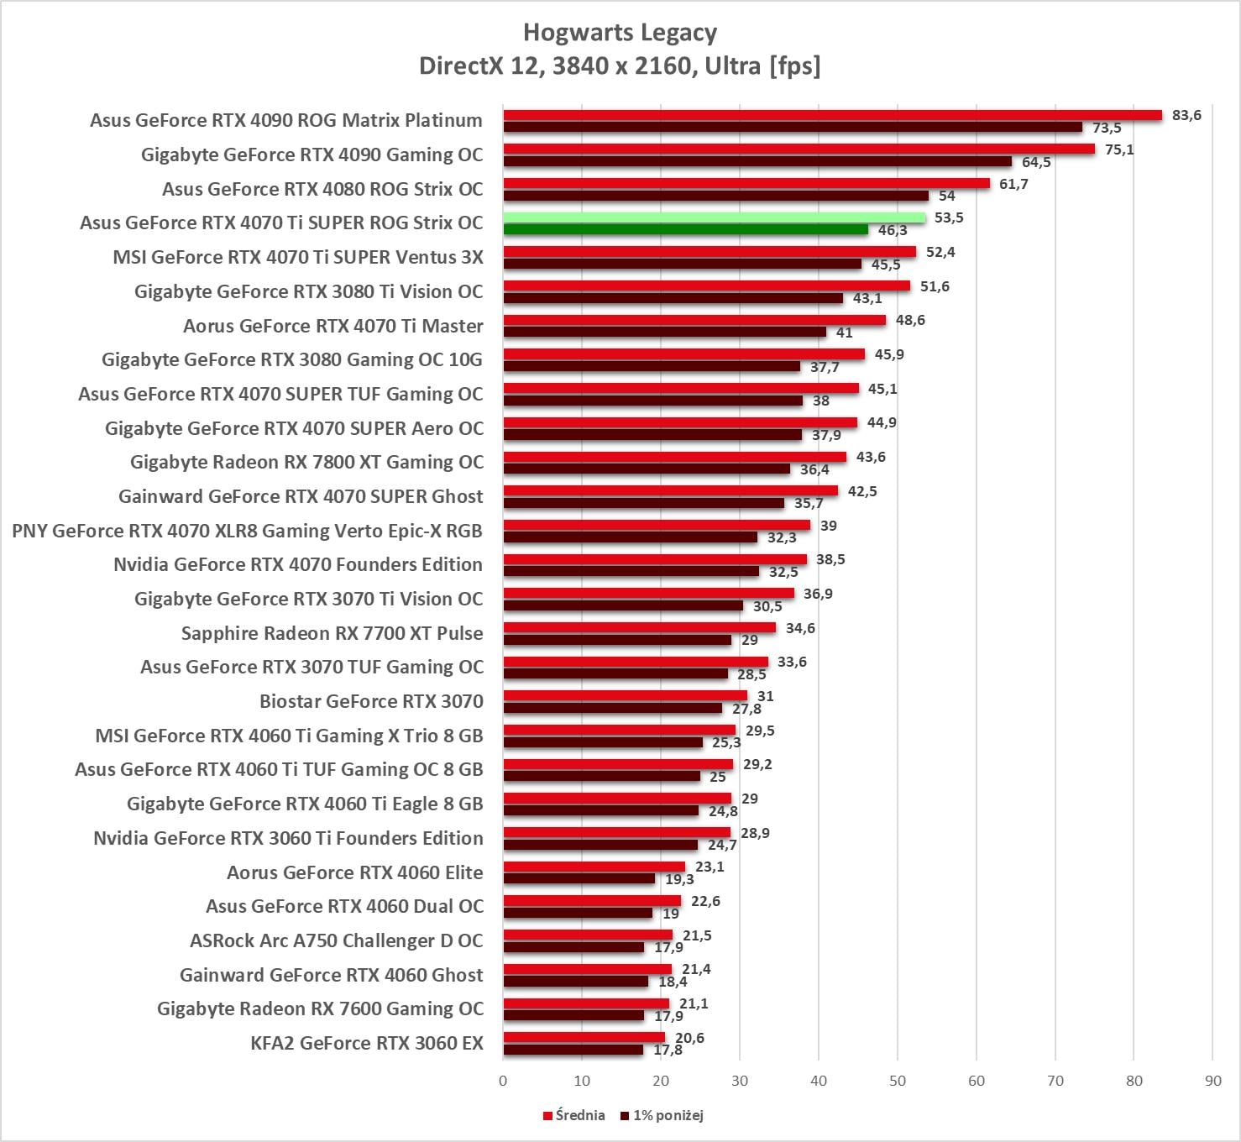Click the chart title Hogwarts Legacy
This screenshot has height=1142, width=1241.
pos(620,33)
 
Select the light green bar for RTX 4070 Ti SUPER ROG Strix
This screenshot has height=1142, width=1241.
pos(714,217)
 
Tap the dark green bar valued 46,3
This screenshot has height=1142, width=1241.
pos(685,229)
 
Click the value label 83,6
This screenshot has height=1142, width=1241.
pos(1186,115)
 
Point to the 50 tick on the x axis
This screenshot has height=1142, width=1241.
pos(898,1081)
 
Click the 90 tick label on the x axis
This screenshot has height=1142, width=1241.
pos(1213,1081)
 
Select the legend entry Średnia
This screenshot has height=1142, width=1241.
pos(574,1115)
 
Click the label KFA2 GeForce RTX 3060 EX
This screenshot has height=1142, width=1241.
pos(367,1043)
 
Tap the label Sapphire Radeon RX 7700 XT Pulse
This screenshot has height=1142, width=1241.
pos(332,633)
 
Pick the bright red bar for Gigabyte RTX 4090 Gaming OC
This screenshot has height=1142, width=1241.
pos(799,149)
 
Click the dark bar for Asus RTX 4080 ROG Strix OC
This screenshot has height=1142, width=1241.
pos(715,196)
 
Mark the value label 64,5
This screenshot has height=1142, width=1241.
pos(1036,162)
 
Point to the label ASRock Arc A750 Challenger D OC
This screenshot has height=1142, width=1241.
pos(336,940)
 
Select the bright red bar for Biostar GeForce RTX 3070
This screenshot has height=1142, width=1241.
pos(625,695)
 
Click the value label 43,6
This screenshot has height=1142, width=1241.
pos(871,457)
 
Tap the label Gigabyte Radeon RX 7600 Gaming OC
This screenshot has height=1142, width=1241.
pos(320,1008)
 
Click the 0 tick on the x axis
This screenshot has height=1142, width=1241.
pos(503,1081)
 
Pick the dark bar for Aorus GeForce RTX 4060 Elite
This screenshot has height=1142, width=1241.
pos(579,878)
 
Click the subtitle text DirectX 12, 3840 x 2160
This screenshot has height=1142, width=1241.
pos(558,65)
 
